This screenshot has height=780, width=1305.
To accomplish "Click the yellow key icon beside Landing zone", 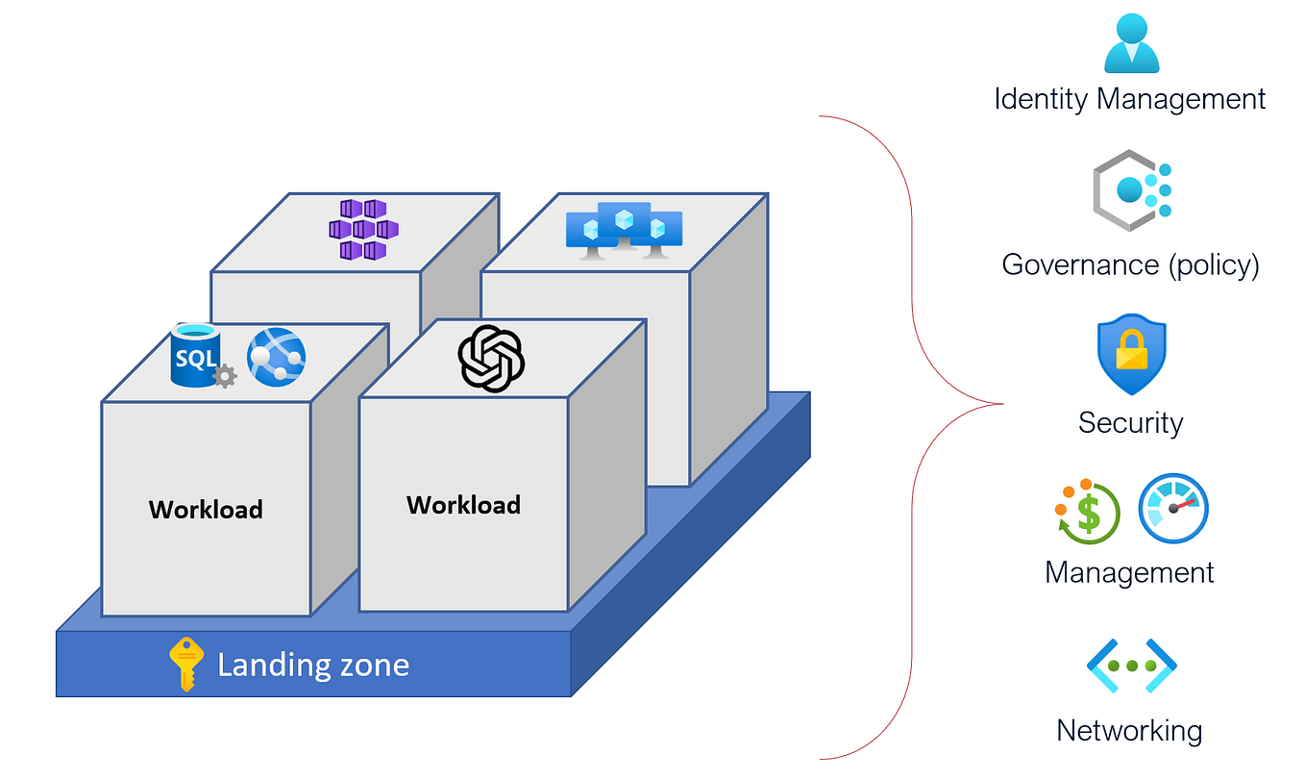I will pyautogui.click(x=186, y=664).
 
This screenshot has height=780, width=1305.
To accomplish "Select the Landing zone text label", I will pyautogui.click(x=313, y=665).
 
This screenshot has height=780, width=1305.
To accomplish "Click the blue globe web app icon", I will pyautogui.click(x=276, y=357).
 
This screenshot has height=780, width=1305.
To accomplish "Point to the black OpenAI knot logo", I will pyautogui.click(x=491, y=358).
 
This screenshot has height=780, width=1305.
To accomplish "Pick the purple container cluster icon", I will pyautogui.click(x=363, y=230).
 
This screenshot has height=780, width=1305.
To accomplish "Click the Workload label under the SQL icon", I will pyautogui.click(x=206, y=509).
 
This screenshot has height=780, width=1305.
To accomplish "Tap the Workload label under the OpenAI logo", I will pyautogui.click(x=463, y=505).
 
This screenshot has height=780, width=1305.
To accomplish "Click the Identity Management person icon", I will pyautogui.click(x=1131, y=44).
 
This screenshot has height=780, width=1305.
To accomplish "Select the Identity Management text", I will pyautogui.click(x=1130, y=98).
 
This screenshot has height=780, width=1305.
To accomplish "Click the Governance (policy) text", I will pyautogui.click(x=1130, y=264).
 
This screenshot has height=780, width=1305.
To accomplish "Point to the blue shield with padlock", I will pyautogui.click(x=1131, y=354).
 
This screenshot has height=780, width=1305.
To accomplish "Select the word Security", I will pyautogui.click(x=1130, y=422).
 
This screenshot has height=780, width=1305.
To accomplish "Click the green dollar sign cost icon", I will pyautogui.click(x=1086, y=511).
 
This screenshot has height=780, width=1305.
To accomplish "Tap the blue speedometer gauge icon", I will pyautogui.click(x=1172, y=509).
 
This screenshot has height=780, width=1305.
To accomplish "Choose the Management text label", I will pyautogui.click(x=1129, y=572).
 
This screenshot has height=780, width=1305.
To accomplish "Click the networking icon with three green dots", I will pyautogui.click(x=1131, y=666).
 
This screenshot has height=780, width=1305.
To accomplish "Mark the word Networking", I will pyautogui.click(x=1129, y=730).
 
